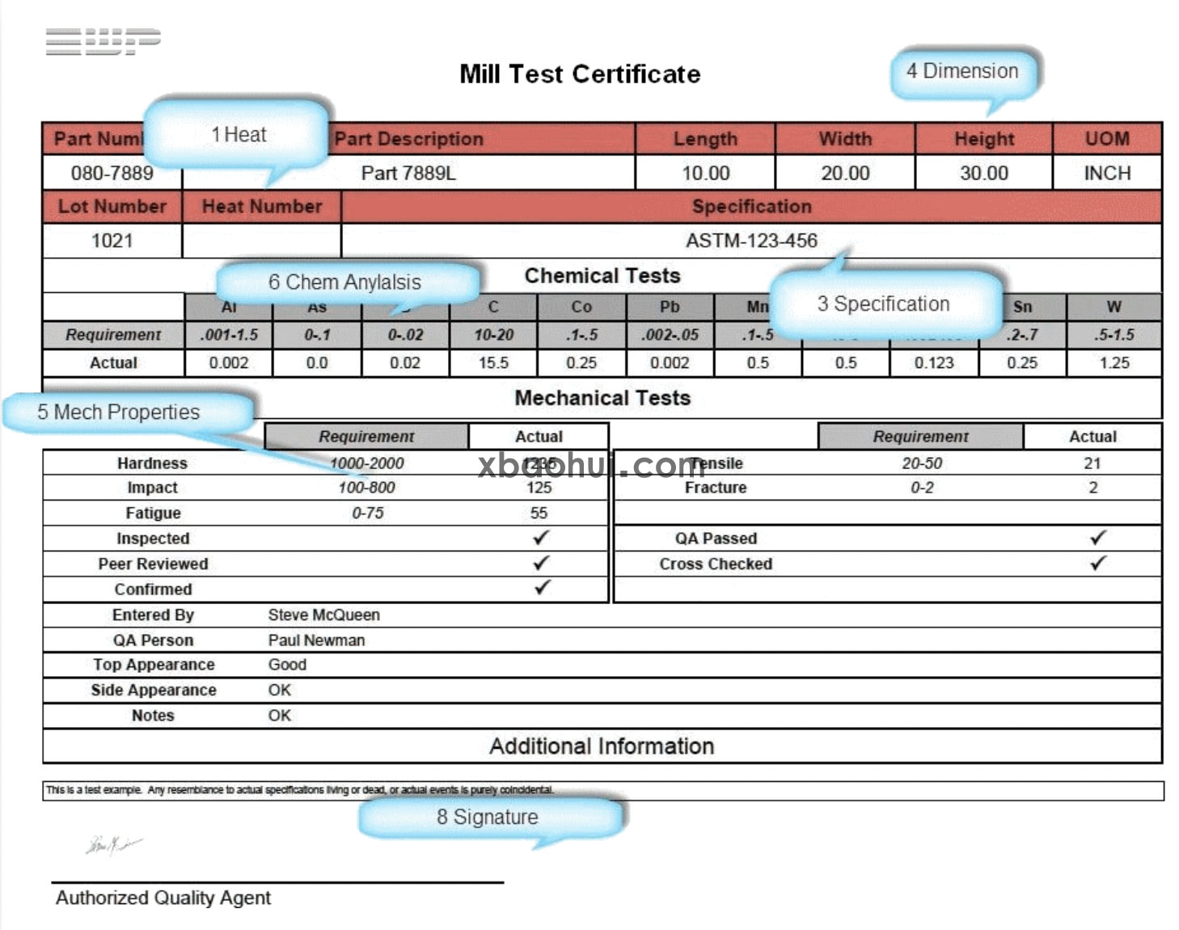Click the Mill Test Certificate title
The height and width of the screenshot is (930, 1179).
[580, 74]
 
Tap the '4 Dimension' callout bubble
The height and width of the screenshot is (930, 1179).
[962, 72]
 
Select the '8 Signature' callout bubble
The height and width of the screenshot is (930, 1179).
[488, 818]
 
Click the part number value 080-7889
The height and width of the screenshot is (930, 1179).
[112, 173]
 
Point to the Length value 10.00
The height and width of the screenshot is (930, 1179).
[705, 173]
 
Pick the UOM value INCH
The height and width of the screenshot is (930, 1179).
[1107, 173]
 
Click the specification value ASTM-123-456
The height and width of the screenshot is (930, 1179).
[751, 240]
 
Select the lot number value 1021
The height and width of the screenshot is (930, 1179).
[112, 240]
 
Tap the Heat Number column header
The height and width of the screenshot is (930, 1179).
[262, 207]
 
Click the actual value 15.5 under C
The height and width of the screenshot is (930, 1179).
[493, 363]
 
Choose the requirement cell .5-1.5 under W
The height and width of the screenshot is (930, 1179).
[1114, 335]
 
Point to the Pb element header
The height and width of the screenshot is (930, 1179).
[670, 307]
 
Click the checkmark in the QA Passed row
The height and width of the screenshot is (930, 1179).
[1097, 538]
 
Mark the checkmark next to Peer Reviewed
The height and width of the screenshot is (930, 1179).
[541, 563]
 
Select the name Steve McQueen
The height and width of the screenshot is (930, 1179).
[323, 615]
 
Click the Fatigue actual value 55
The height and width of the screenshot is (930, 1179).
[539, 513]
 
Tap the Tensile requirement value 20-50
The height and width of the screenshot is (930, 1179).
[922, 463]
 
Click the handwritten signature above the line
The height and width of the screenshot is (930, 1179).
[112, 845]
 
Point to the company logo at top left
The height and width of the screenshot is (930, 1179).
[103, 40]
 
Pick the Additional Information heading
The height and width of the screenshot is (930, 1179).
[602, 746]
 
